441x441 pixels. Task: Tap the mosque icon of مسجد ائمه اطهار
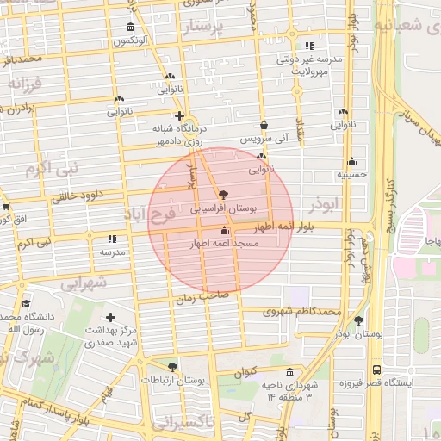click(225, 230)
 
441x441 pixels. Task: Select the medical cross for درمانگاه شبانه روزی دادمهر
click(179, 115)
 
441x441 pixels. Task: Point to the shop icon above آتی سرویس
click(264, 124)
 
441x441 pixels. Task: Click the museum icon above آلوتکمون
click(130, 27)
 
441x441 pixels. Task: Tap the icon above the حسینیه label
click(351, 161)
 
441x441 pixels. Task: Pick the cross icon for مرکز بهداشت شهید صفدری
click(110, 317)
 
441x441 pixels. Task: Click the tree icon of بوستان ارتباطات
click(173, 367)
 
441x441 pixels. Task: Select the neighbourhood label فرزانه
click(25, 84)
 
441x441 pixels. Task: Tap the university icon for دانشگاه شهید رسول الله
click(26, 304)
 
